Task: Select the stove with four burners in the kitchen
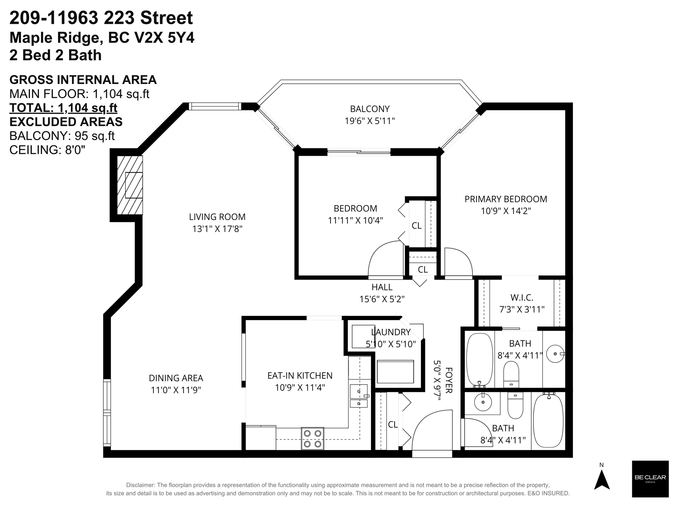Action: pyautogui.click(x=312, y=438)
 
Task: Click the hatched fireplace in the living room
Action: pyautogui.click(x=130, y=185)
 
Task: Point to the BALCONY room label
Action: pyautogui.click(x=370, y=109)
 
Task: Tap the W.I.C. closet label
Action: pyautogui.click(x=522, y=297)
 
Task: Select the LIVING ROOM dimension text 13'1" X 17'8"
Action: pyautogui.click(x=217, y=228)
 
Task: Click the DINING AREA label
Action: pyautogui.click(x=176, y=378)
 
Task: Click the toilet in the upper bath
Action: pyautogui.click(x=511, y=374)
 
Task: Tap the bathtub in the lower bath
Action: pyautogui.click(x=548, y=421)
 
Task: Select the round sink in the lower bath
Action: pyautogui.click(x=483, y=402)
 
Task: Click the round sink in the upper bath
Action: pyautogui.click(x=555, y=354)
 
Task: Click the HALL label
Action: pyautogui.click(x=382, y=287)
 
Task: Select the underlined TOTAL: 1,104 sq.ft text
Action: pyautogui.click(x=63, y=108)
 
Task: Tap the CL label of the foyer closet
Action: pyautogui.click(x=393, y=425)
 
